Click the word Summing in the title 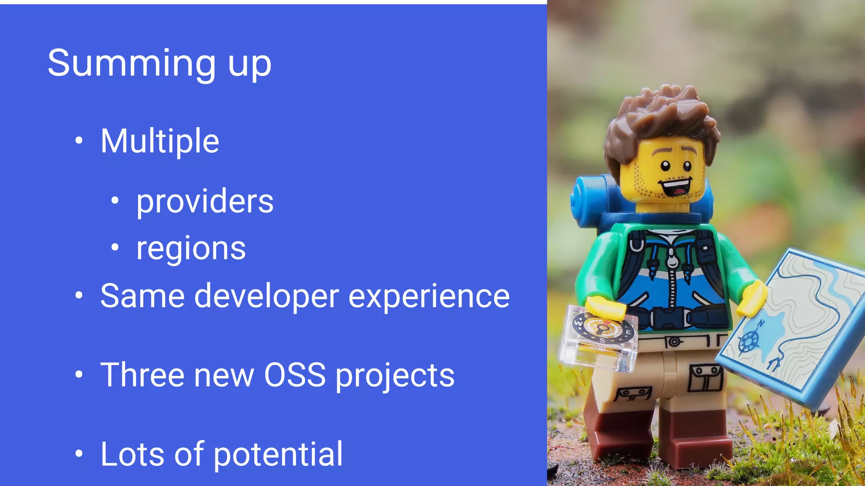click(x=131, y=63)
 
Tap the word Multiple click(x=160, y=141)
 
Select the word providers click(x=205, y=201)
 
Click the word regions click(x=191, y=248)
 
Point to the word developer click(x=266, y=296)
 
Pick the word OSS click(x=295, y=375)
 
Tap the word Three click(x=142, y=375)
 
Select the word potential click(x=278, y=454)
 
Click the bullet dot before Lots click(x=79, y=454)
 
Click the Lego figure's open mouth click(x=676, y=187)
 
